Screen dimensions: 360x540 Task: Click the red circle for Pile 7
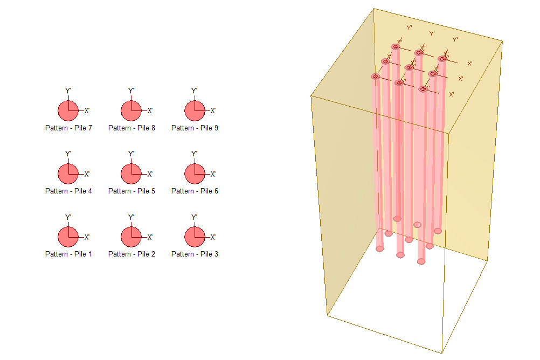(68, 110)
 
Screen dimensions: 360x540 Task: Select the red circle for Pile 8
(131, 110)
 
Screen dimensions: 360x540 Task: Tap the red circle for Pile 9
(195, 110)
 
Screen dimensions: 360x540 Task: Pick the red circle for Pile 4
(68, 174)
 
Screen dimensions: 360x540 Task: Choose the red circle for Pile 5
(131, 174)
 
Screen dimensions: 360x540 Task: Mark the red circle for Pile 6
(195, 174)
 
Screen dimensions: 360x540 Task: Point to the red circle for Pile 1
(68, 237)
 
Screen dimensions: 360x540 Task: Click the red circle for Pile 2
(131, 237)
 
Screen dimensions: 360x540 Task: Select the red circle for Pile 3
(195, 237)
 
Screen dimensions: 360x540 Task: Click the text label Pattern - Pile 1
(68, 254)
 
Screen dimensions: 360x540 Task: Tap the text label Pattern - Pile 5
(131, 191)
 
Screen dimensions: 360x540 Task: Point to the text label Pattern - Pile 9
(195, 128)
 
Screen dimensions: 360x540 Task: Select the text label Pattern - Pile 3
(195, 254)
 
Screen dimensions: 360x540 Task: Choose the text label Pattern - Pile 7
(68, 128)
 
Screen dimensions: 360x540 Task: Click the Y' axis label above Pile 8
(131, 91)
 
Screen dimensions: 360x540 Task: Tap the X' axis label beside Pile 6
(213, 174)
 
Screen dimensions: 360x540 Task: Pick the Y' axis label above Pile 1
(68, 217)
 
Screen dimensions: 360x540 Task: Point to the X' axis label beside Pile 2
(150, 237)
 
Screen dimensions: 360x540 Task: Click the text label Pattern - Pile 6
(195, 191)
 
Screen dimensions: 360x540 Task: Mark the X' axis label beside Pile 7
(87, 111)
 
